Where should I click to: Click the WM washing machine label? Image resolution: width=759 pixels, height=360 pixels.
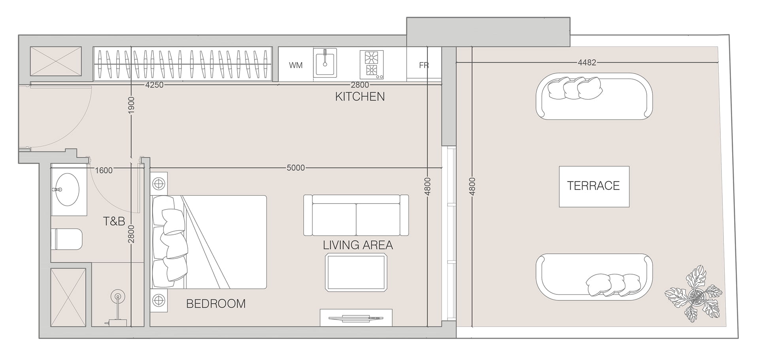pyautogui.click(x=296, y=65)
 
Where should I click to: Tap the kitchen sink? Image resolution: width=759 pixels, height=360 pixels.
pyautogui.click(x=325, y=62)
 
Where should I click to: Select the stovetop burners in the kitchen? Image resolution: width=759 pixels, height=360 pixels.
pyautogui.click(x=372, y=64)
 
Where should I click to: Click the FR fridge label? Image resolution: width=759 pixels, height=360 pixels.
pyautogui.click(x=424, y=65)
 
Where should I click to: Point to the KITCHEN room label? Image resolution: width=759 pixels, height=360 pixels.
pyautogui.click(x=360, y=97)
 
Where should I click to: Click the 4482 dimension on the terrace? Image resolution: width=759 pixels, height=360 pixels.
pyautogui.click(x=587, y=62)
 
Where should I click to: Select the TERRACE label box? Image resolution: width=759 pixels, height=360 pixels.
pyautogui.click(x=594, y=186)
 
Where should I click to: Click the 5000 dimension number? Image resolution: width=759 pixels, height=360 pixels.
pyautogui.click(x=296, y=168)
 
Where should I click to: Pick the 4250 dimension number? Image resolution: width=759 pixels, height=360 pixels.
pyautogui.click(x=154, y=85)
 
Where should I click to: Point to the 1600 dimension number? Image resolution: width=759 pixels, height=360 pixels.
pyautogui.click(x=104, y=170)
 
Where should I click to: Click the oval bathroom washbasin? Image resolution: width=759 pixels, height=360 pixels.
pyautogui.click(x=66, y=190)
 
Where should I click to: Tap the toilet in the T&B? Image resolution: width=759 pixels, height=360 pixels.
pyautogui.click(x=66, y=239)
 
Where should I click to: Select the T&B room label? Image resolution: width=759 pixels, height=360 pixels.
pyautogui.click(x=114, y=221)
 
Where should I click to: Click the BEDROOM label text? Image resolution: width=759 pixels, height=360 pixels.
pyautogui.click(x=216, y=304)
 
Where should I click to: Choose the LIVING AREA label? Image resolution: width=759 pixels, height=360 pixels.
pyautogui.click(x=358, y=245)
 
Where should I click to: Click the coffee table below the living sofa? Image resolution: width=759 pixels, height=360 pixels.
pyautogui.click(x=356, y=273)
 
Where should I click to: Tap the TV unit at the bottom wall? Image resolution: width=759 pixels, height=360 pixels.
pyautogui.click(x=356, y=318)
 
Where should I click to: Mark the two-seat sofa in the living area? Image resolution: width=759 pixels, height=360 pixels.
pyautogui.click(x=356, y=215)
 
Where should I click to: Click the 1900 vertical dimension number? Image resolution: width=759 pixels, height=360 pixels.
pyautogui.click(x=132, y=105)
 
